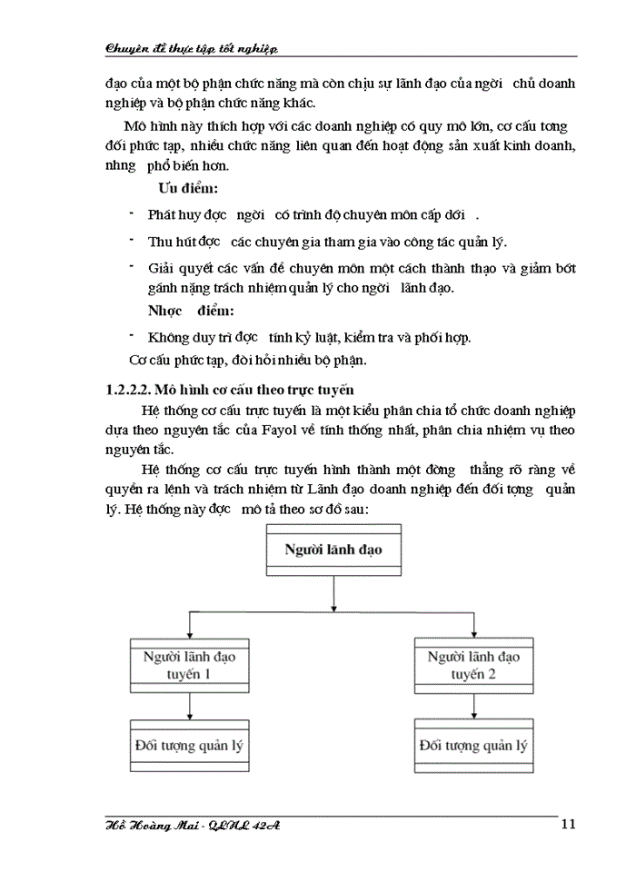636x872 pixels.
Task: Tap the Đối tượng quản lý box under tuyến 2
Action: [x=472, y=747]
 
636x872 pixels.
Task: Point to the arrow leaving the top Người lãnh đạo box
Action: [x=334, y=591]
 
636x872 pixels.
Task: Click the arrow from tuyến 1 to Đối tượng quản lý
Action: [x=189, y=706]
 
